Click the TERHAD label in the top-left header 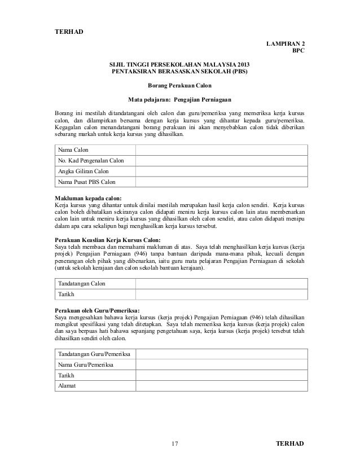pyautogui.click(x=68, y=30)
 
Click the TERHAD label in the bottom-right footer pyautogui.click(x=289, y=443)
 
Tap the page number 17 pyautogui.click(x=175, y=444)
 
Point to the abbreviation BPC pyautogui.click(x=297, y=51)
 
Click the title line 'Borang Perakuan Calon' pyautogui.click(x=179, y=86)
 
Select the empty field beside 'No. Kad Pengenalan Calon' pyautogui.click(x=221, y=161)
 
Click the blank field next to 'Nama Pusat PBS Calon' pyautogui.click(x=221, y=182)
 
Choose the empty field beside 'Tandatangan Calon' pyautogui.click(x=221, y=283)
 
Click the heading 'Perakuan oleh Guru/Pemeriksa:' pyautogui.click(x=97, y=310)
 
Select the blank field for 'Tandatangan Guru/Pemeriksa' pyautogui.click(x=221, y=354)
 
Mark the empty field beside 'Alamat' pyautogui.click(x=221, y=386)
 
